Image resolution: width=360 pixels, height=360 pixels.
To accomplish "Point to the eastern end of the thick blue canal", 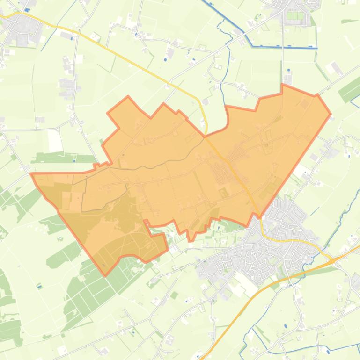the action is coord(316,48).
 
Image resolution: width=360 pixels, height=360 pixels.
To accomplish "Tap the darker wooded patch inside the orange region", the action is coord(117,220).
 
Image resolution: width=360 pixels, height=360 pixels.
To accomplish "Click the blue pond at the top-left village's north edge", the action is coord(28,10).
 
